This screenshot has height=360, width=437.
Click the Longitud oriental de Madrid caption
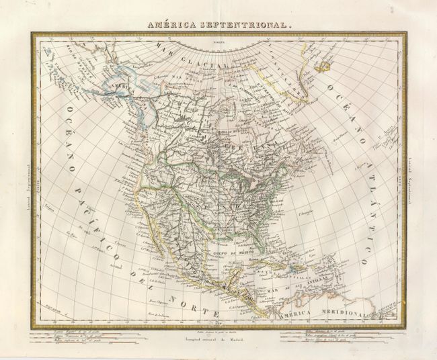click(217, 338)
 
